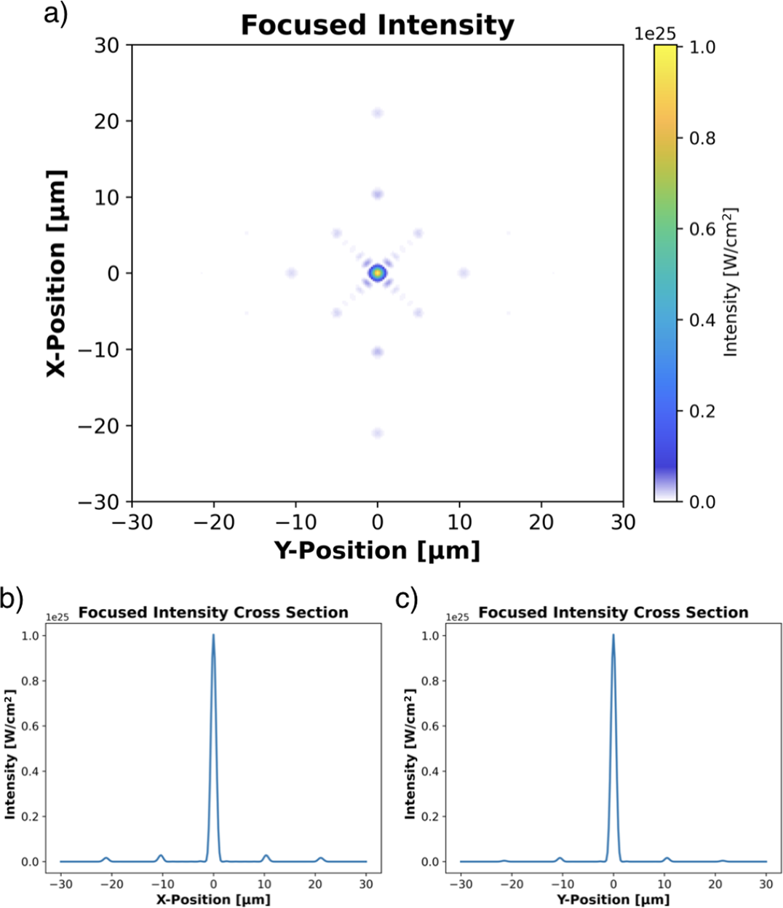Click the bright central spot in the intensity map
pos(377,273)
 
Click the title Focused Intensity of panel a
pos(377,25)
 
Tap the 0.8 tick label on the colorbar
pos(701,138)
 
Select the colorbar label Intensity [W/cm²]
pos(731,282)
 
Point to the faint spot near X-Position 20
pos(377,113)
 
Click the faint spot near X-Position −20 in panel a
pos(377,433)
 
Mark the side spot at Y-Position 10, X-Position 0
pos(463,273)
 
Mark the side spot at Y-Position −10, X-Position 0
pos(291,273)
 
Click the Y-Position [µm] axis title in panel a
pos(377,550)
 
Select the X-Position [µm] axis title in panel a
pos(57,273)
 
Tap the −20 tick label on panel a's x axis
pos(214,522)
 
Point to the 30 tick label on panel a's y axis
pos(106,45)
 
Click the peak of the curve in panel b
pos(213,635)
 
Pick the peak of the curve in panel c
pos(613,635)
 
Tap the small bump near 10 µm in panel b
pos(266,856)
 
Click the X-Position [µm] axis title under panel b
pos(213,899)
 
